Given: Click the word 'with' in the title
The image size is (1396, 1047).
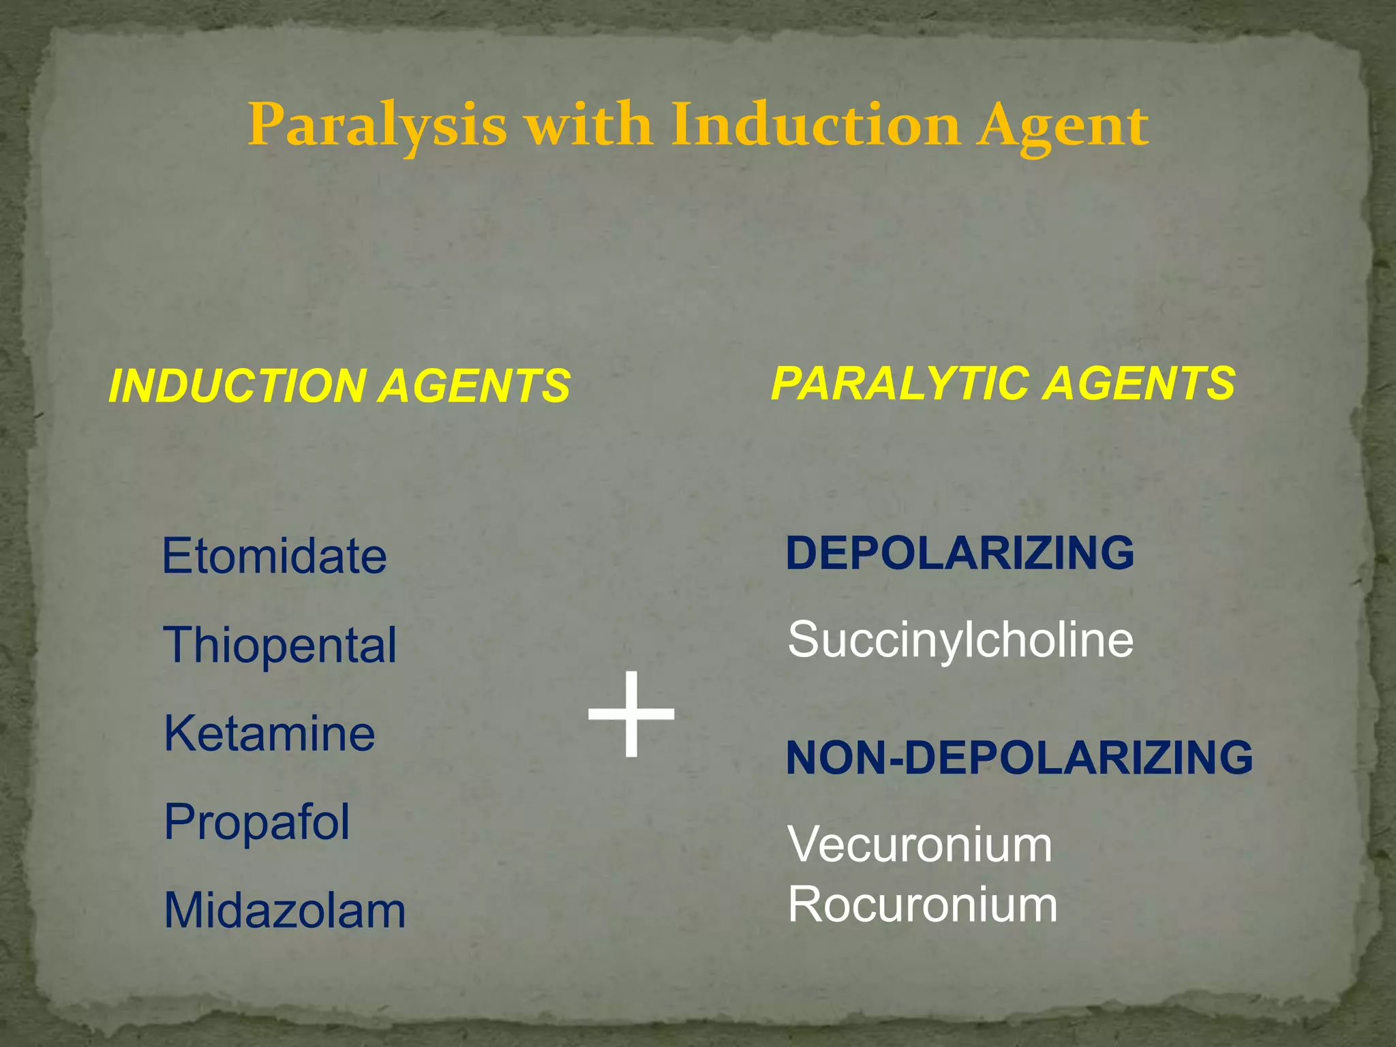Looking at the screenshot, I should pos(589,125).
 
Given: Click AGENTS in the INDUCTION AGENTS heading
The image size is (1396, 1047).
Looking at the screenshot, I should pos(474,386).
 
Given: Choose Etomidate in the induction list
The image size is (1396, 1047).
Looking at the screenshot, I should pos(274,556).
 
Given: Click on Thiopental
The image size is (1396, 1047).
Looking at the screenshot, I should pos(279,645).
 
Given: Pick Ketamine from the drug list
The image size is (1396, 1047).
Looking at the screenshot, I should pos(269,733).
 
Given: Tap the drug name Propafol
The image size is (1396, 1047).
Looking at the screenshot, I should pos(257,822).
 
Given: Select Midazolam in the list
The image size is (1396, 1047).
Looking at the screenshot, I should pos(285,911).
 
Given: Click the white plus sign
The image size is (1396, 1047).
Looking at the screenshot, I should pos(631,714).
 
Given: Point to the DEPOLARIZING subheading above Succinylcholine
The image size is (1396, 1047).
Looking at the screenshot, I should pos(960,553).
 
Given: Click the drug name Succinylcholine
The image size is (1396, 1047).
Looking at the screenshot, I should pos(960,640).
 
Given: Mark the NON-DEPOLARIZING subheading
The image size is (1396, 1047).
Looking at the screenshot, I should pos(1019,758).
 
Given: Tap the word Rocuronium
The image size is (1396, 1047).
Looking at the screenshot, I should pos(922,905).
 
